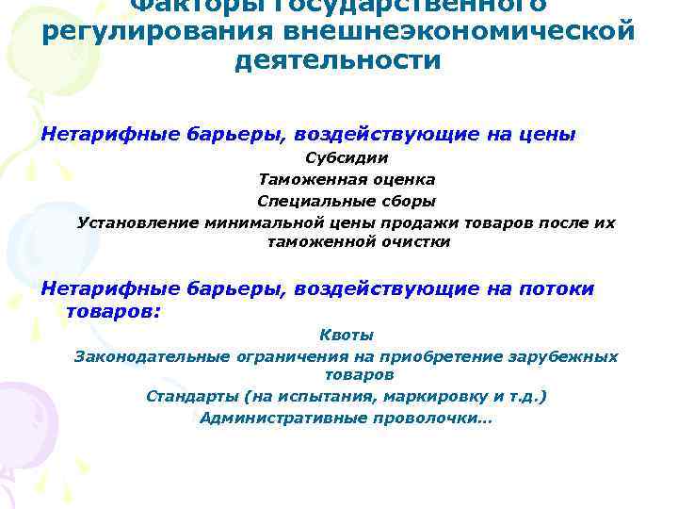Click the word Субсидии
(x=347, y=157)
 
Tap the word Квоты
(x=347, y=335)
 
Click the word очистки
(x=414, y=242)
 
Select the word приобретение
(x=442, y=356)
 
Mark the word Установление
(x=138, y=222)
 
